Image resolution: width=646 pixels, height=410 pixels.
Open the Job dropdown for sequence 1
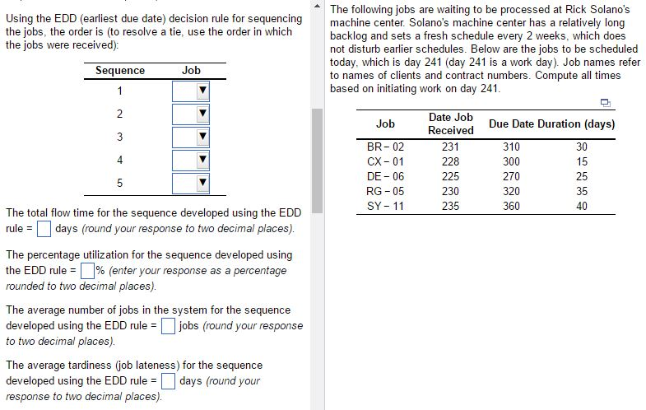point(191,91)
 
